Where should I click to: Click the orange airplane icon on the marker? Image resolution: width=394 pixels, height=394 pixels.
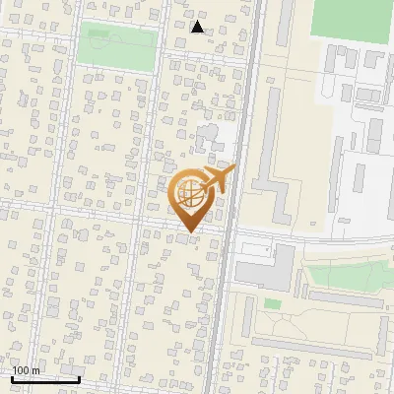[217, 179]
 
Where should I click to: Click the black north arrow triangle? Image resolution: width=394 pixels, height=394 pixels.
[197, 27]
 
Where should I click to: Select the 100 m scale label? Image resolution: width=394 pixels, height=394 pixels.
[26, 370]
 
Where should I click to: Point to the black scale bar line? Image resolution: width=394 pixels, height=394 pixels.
[45, 378]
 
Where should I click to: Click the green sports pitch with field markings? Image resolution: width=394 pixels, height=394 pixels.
[116, 46]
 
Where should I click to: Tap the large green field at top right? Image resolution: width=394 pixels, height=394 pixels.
[352, 19]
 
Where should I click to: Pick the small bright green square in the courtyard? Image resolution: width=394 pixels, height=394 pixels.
[273, 303]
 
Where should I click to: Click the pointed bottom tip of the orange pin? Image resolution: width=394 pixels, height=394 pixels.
[189, 232]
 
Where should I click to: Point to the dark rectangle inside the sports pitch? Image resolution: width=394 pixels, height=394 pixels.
[99, 33]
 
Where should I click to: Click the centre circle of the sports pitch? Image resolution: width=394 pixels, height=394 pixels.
[116, 46]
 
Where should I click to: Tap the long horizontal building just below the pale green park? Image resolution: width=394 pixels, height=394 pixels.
[344, 297]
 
